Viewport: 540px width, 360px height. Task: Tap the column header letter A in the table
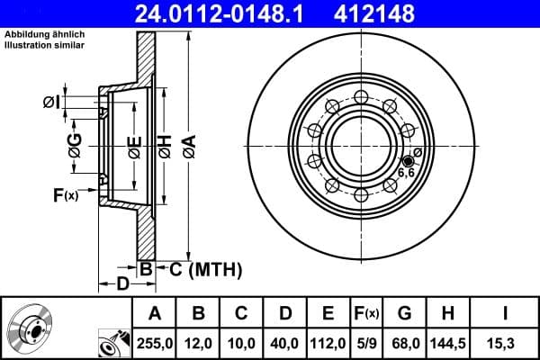155,313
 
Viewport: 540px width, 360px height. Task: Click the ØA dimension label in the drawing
187,146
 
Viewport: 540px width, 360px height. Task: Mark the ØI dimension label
52,103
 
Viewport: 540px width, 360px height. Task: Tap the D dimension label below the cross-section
122,286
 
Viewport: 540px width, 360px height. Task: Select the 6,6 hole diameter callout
406,172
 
